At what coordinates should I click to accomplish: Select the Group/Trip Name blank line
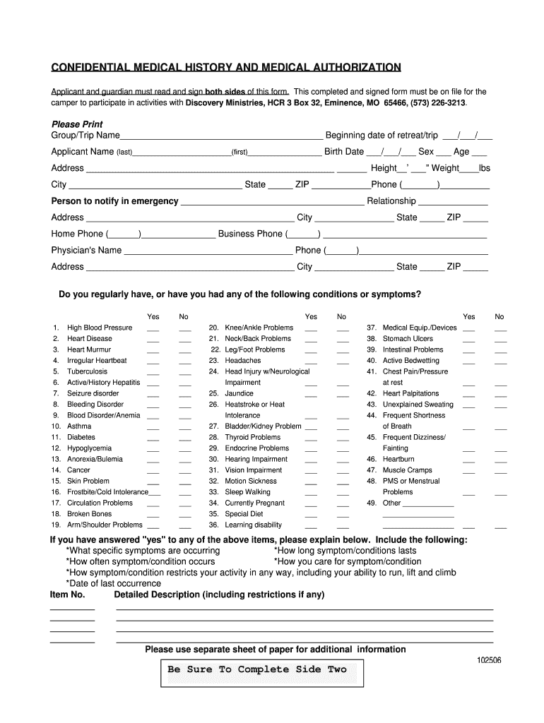(x=221, y=136)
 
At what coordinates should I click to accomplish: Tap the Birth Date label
(x=344, y=152)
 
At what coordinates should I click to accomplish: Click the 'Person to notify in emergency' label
(x=114, y=201)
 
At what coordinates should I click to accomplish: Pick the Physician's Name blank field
(x=208, y=251)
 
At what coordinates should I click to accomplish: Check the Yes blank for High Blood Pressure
(x=153, y=329)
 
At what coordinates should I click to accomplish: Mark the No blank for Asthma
(x=185, y=428)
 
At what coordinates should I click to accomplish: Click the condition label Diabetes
(x=81, y=437)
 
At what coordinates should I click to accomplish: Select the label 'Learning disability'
(x=253, y=525)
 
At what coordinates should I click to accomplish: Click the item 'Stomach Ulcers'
(x=408, y=338)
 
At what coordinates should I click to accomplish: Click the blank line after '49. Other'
(x=428, y=505)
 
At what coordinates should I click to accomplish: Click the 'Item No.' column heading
(x=67, y=594)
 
